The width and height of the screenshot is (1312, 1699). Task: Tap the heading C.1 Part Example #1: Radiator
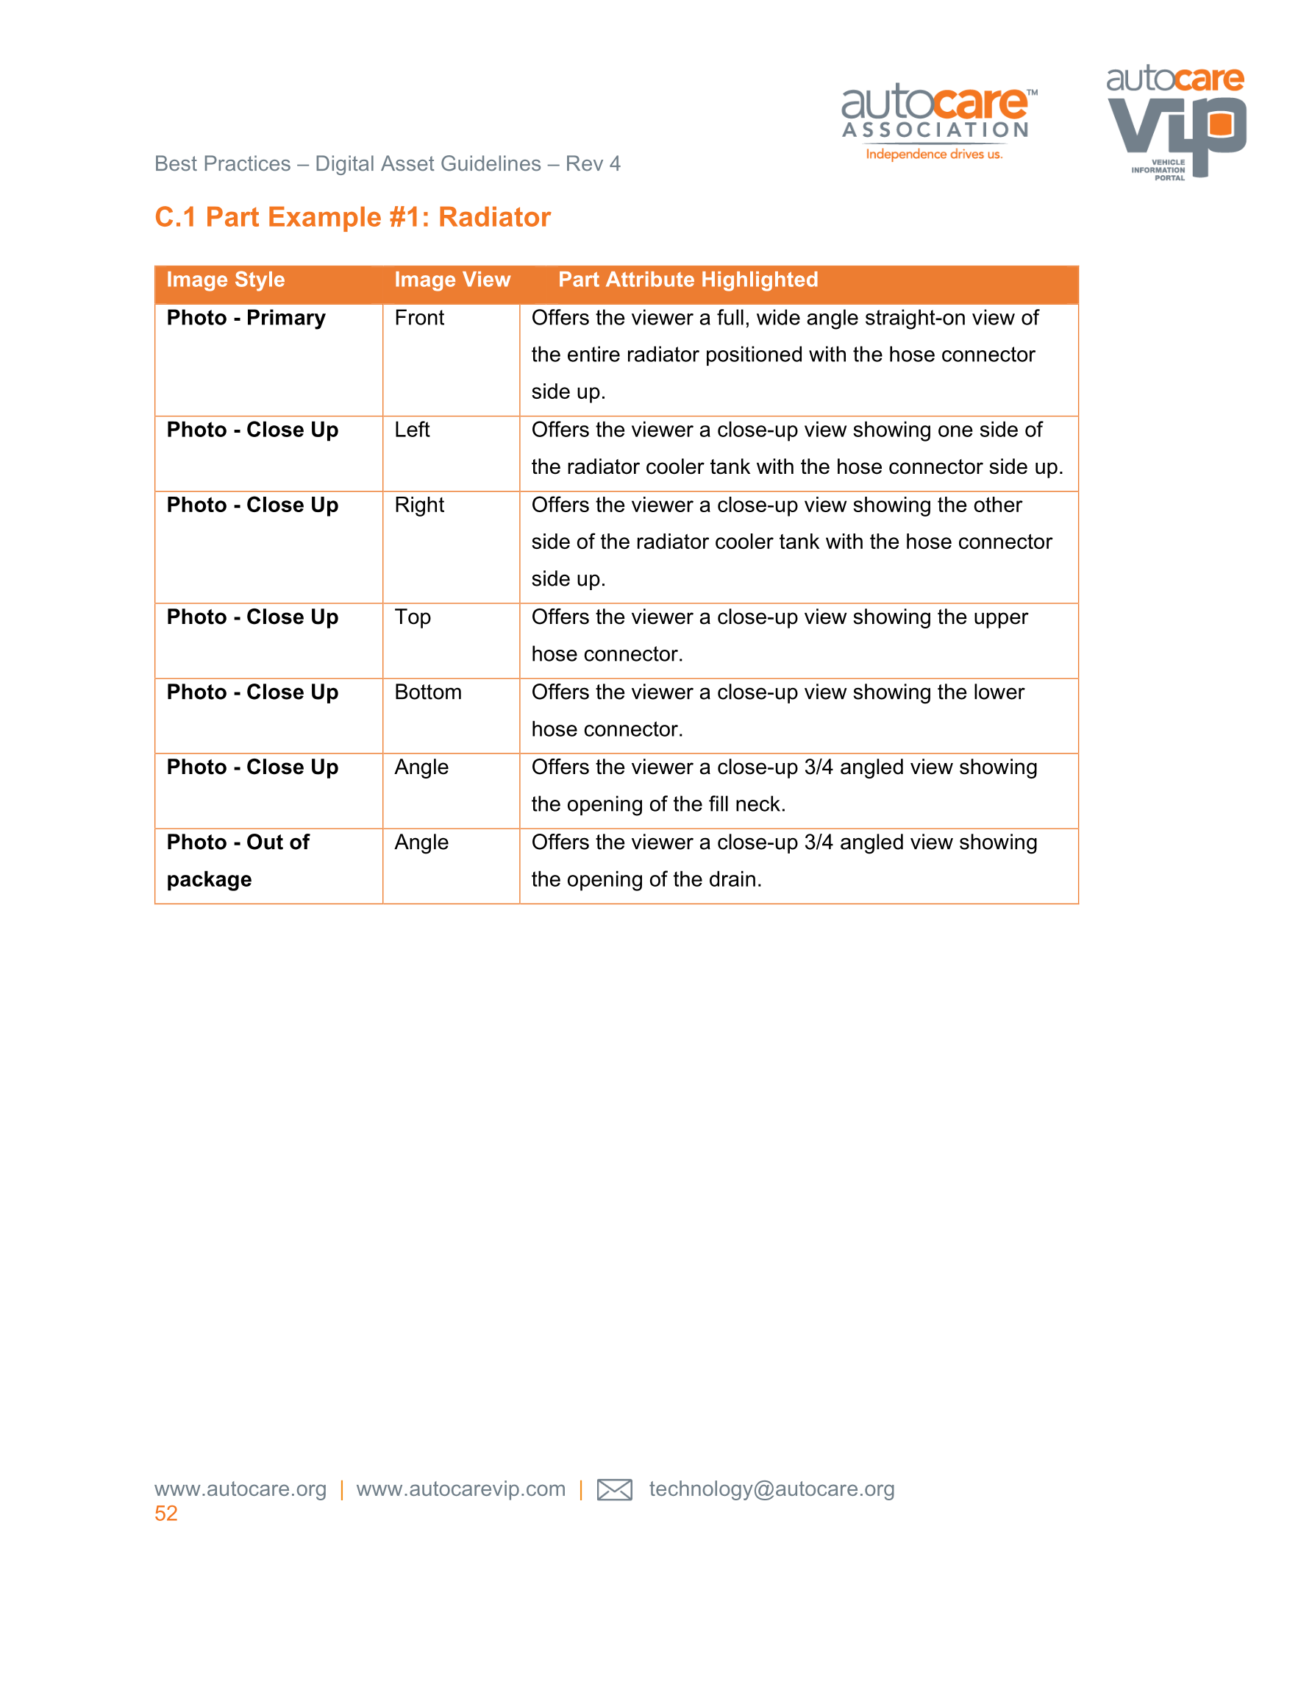click(x=352, y=217)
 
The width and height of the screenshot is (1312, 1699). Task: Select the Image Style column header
click(x=226, y=280)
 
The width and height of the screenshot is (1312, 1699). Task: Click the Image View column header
click(x=452, y=280)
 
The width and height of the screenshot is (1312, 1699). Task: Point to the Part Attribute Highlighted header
click(x=688, y=280)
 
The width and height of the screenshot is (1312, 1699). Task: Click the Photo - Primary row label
click(x=246, y=318)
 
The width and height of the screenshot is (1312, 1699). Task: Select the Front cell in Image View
click(x=419, y=318)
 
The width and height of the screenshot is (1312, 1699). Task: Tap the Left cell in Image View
click(x=412, y=430)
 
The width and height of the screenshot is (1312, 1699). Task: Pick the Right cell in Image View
click(x=419, y=506)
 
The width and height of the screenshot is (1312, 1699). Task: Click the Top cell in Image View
click(x=412, y=617)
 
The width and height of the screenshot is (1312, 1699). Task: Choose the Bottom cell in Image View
click(x=428, y=692)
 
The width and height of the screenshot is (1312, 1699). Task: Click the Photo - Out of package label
click(x=238, y=861)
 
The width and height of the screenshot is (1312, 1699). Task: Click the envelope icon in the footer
click(x=614, y=1490)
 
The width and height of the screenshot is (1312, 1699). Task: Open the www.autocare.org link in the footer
click(x=240, y=1489)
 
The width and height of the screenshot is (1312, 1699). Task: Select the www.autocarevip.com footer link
click(x=460, y=1489)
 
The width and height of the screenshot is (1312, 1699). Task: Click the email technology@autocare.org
click(x=771, y=1489)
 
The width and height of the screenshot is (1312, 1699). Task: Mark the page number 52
click(x=165, y=1513)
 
